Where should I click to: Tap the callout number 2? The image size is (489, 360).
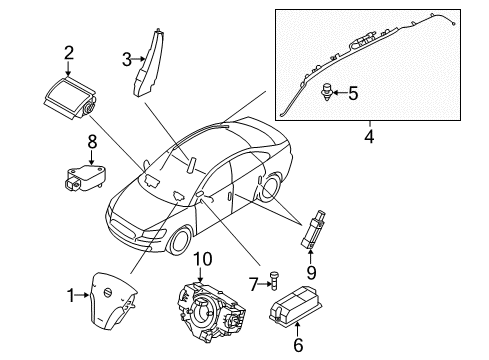(68, 53)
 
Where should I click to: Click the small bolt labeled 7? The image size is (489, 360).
(270, 286)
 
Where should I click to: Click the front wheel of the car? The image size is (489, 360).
(179, 242)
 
